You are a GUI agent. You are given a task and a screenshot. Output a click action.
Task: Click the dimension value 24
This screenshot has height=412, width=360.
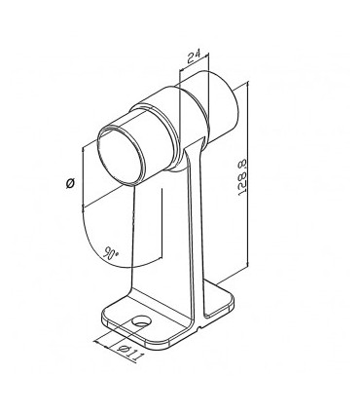tap(194, 56)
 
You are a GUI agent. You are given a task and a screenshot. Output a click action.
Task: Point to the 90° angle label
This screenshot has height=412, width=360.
tap(110, 252)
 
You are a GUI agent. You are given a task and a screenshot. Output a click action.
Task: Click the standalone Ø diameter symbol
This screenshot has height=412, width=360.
tap(70, 184)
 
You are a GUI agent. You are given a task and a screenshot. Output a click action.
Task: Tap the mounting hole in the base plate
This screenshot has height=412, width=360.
tap(142, 321)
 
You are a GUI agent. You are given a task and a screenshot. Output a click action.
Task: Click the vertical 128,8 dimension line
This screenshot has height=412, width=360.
tap(248, 173)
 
